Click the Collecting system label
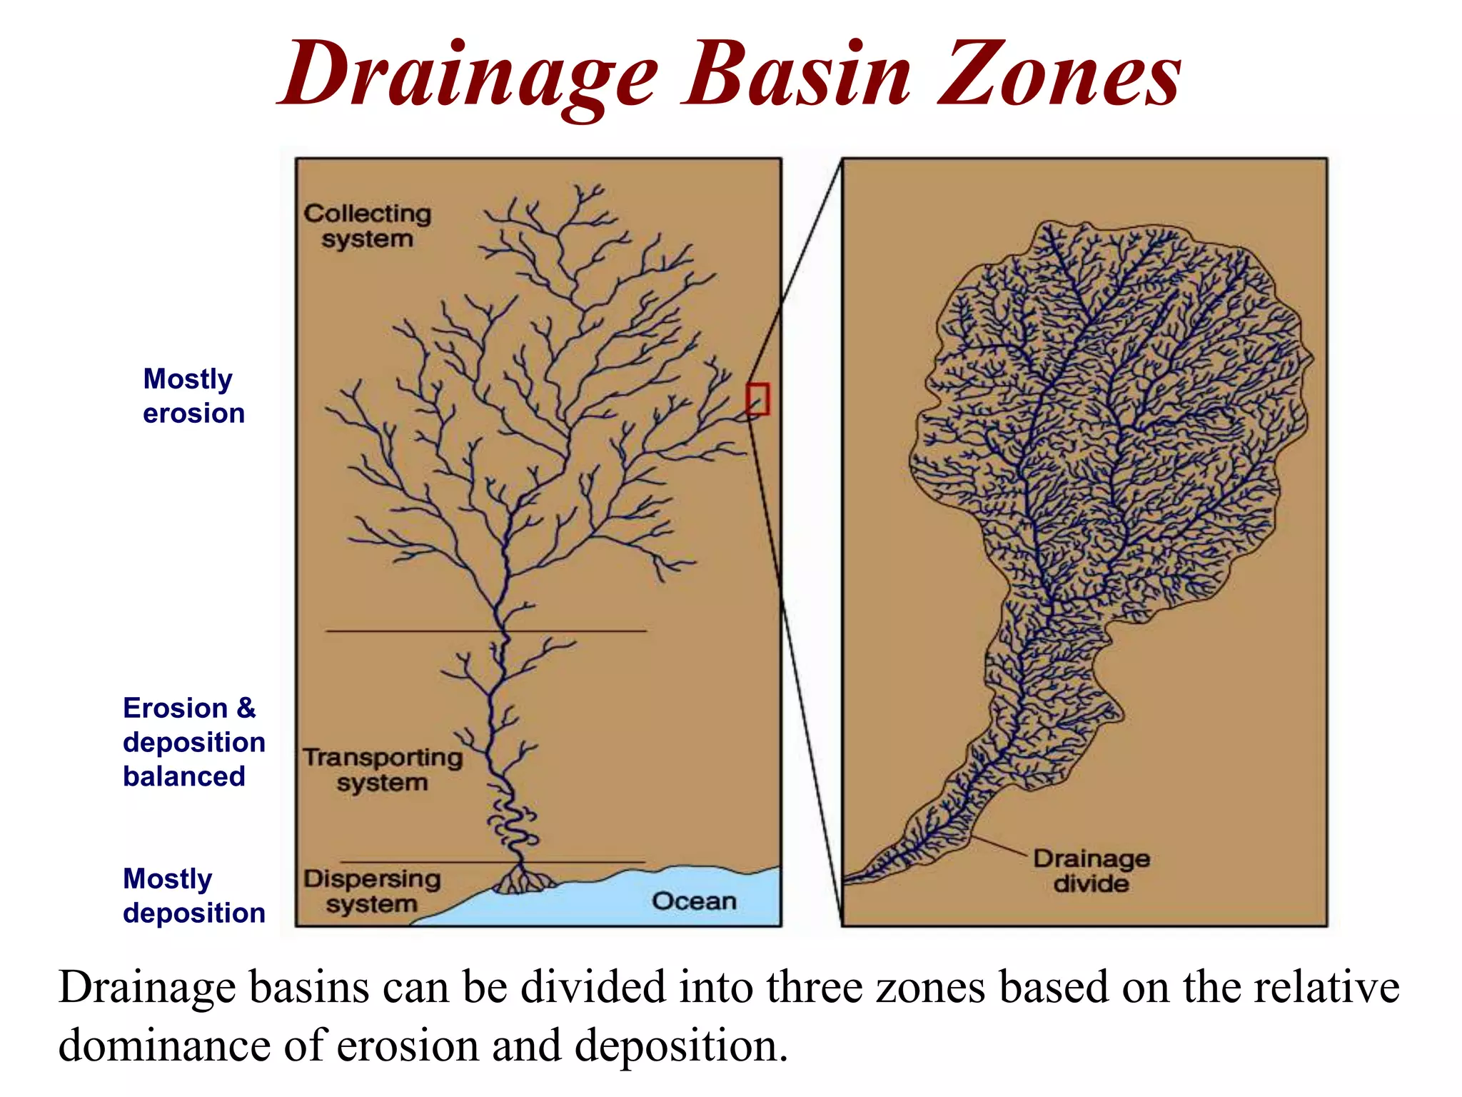[367, 226]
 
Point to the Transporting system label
[383, 769]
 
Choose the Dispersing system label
[372, 891]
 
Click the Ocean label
[694, 901]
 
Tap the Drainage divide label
[1091, 871]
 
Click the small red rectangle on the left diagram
[757, 399]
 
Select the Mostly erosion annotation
[193, 396]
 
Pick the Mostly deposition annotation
[193, 896]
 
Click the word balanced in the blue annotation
[184, 776]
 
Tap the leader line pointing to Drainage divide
[999, 844]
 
